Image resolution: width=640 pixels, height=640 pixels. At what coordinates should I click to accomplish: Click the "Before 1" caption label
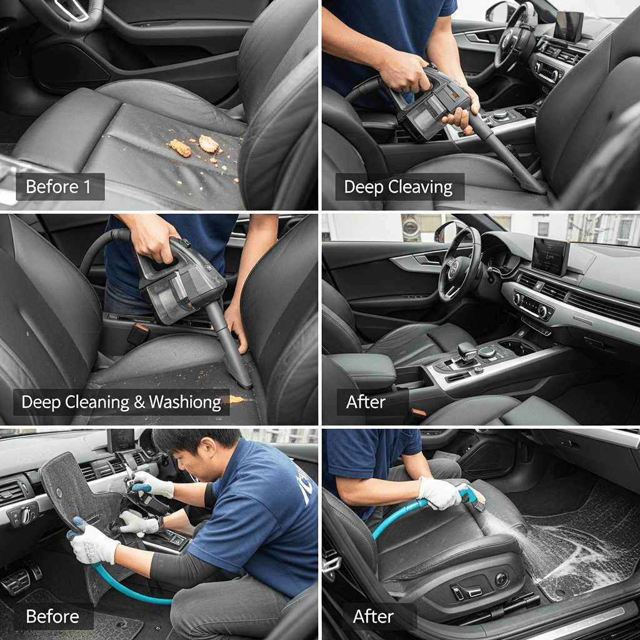tap(58, 186)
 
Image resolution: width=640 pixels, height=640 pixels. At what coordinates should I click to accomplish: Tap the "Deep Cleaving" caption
tap(398, 187)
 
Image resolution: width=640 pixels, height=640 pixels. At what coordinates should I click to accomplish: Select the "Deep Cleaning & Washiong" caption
tap(121, 402)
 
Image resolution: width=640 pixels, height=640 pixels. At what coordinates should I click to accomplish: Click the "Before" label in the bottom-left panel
tap(52, 616)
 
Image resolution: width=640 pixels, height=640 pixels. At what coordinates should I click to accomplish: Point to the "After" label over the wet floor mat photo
tap(373, 616)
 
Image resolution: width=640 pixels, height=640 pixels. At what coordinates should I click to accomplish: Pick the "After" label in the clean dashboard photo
tap(366, 402)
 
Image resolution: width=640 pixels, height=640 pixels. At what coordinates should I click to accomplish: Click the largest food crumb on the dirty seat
tap(209, 144)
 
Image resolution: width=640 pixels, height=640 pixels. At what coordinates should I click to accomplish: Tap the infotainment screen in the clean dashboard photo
tap(550, 256)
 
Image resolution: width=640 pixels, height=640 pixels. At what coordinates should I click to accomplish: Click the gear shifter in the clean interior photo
tap(466, 352)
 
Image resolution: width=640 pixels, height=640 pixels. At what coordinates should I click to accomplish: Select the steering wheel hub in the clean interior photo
tap(455, 271)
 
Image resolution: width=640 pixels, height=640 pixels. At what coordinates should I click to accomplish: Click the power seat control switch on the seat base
tap(467, 591)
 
